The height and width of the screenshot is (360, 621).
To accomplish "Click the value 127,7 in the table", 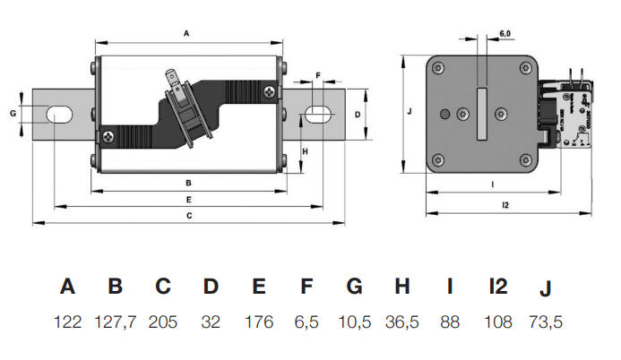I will (x=115, y=322).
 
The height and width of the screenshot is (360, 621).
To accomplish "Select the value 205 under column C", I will (x=162, y=322).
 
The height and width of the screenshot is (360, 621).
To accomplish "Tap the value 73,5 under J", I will (x=546, y=322).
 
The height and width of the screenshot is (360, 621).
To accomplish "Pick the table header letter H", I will (x=402, y=287).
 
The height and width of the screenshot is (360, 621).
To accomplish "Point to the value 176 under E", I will (x=258, y=322).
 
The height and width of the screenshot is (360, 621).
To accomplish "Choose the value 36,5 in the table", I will (x=402, y=322).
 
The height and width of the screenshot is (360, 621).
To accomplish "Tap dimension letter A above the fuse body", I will (x=186, y=33).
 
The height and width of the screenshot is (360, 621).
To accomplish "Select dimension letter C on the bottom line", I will (x=189, y=216).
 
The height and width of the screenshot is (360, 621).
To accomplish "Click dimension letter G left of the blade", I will (x=13, y=114).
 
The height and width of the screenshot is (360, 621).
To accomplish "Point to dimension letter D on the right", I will (x=356, y=115).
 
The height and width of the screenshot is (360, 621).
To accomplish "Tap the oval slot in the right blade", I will (x=315, y=115).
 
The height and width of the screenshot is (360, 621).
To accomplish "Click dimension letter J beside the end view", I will (x=408, y=112).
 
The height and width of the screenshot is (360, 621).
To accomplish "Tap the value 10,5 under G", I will (x=354, y=322).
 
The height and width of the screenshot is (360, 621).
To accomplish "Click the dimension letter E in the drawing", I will (x=188, y=199).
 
